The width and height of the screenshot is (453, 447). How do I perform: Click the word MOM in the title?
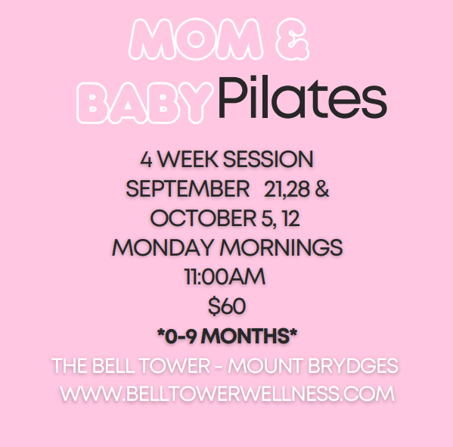(196, 39)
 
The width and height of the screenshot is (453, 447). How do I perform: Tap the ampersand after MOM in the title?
(293, 39)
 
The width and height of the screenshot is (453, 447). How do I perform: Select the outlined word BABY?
(144, 103)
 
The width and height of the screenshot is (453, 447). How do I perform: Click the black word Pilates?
(303, 97)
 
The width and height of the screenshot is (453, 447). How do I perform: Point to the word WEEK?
(188, 159)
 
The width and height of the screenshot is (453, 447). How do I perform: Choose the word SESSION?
(268, 159)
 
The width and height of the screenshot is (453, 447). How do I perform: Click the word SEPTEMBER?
(188, 189)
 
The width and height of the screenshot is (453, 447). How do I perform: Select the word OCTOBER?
(203, 219)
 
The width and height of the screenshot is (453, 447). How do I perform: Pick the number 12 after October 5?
(291, 219)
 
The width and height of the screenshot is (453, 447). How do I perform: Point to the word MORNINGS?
(281, 247)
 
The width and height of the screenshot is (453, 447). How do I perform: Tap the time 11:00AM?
(225, 277)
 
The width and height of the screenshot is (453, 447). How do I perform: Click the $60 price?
(227, 306)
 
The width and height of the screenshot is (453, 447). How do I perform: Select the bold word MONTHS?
(246, 336)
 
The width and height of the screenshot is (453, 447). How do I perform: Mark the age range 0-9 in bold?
(181, 337)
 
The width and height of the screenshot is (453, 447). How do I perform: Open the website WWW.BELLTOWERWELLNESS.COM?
(228, 393)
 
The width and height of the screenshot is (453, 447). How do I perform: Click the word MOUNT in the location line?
(265, 366)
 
